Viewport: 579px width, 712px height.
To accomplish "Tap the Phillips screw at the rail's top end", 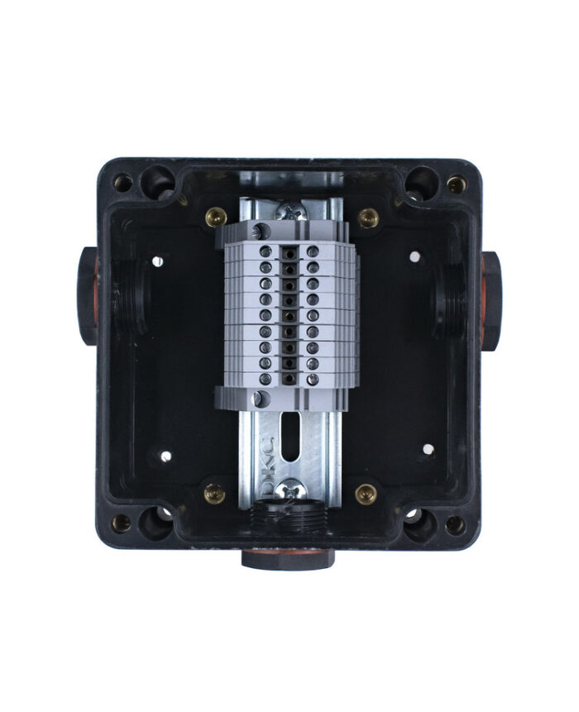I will [x=289, y=211].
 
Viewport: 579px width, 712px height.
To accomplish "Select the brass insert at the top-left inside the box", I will [x=215, y=217].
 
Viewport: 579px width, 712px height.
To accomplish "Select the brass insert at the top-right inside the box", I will [x=368, y=217].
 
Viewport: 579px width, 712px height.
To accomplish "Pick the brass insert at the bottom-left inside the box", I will [x=214, y=494].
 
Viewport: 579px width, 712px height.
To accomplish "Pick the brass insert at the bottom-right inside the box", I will [x=366, y=494].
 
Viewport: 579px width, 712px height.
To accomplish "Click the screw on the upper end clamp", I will [x=259, y=232].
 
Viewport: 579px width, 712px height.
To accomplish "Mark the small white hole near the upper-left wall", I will [x=157, y=262].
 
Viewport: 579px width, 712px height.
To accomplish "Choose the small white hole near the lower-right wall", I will [x=428, y=450].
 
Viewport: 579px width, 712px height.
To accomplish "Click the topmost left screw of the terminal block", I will [x=266, y=251].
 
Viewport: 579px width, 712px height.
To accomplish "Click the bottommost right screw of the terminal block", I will [x=313, y=379].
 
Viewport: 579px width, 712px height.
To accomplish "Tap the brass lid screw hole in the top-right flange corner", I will [x=456, y=184].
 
